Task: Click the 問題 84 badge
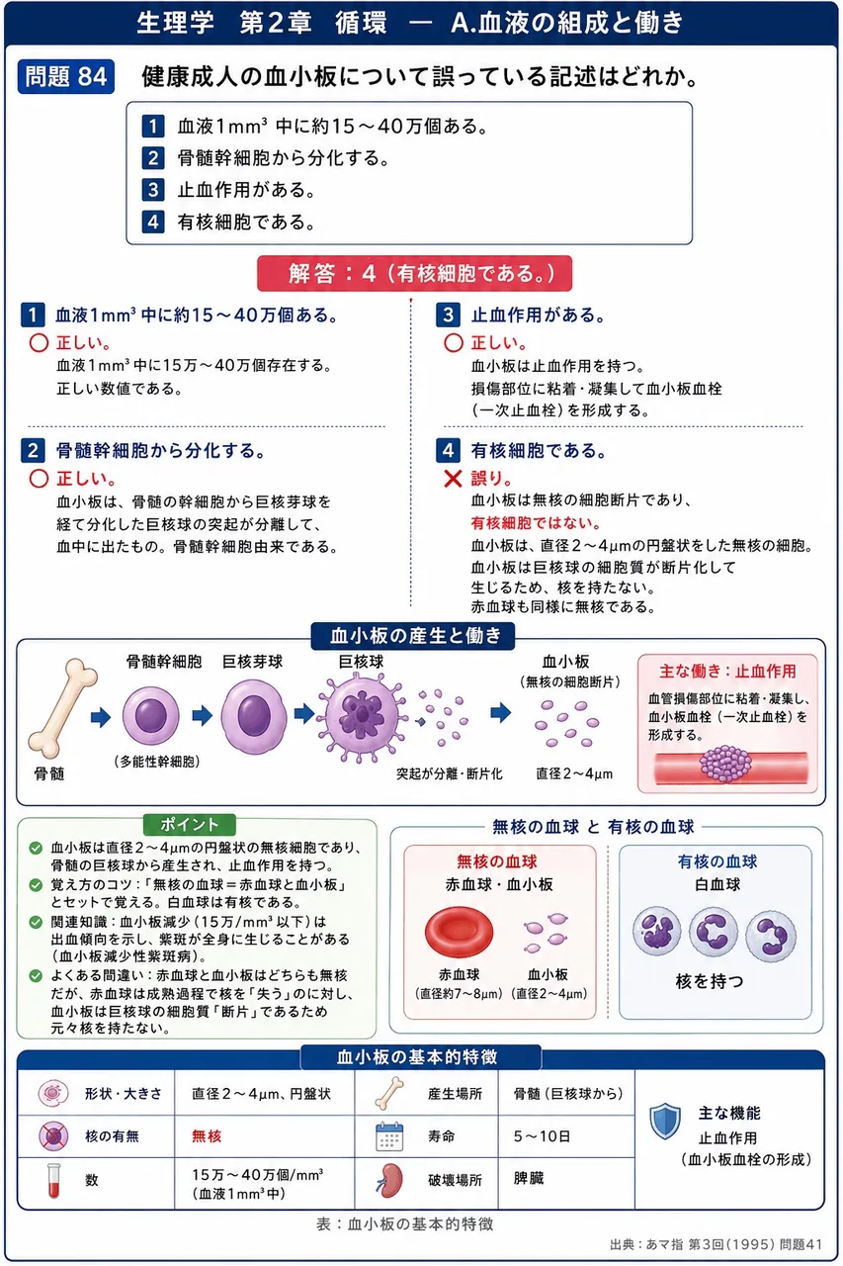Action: click(66, 76)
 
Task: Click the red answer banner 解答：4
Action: click(414, 274)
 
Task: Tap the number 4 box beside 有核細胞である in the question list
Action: click(153, 222)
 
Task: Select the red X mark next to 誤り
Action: click(453, 479)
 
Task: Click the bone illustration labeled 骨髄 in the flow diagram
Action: click(62, 707)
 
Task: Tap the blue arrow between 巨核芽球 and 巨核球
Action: click(304, 713)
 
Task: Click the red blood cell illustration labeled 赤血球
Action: click(459, 931)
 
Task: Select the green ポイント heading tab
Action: click(190, 824)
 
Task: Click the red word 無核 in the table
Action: click(207, 1135)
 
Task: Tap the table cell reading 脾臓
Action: click(529, 1178)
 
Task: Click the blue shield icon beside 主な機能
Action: click(664, 1121)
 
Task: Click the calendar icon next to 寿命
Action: click(389, 1136)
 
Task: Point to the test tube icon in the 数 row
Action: click(53, 1180)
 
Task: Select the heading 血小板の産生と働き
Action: click(414, 636)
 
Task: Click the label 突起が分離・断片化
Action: click(449, 773)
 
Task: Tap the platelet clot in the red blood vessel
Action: click(725, 764)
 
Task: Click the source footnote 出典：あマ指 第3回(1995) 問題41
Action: click(716, 1244)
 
